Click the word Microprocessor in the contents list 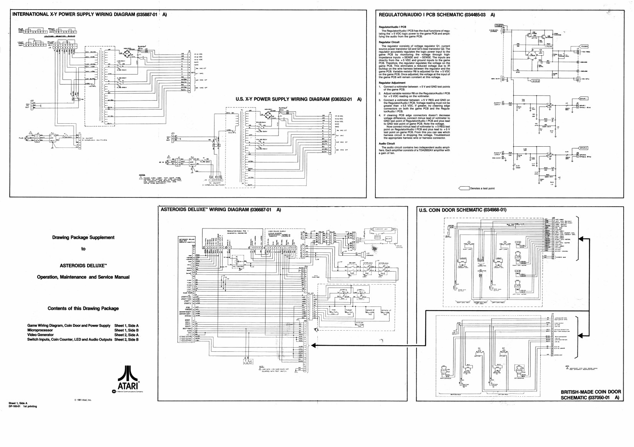[x=40, y=330]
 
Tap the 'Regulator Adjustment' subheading [x=392, y=83]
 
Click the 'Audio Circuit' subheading [x=387, y=144]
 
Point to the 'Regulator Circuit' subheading [x=389, y=42]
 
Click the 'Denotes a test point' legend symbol [x=464, y=188]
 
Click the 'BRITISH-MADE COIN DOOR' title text [x=591, y=392]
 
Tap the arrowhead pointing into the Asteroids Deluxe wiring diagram [x=313, y=346]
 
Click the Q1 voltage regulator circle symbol [x=533, y=55]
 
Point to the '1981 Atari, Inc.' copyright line [x=83, y=400]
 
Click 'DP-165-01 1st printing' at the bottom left [x=23, y=406]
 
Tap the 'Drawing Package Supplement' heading [x=83, y=237]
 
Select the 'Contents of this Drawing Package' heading [x=83, y=308]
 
